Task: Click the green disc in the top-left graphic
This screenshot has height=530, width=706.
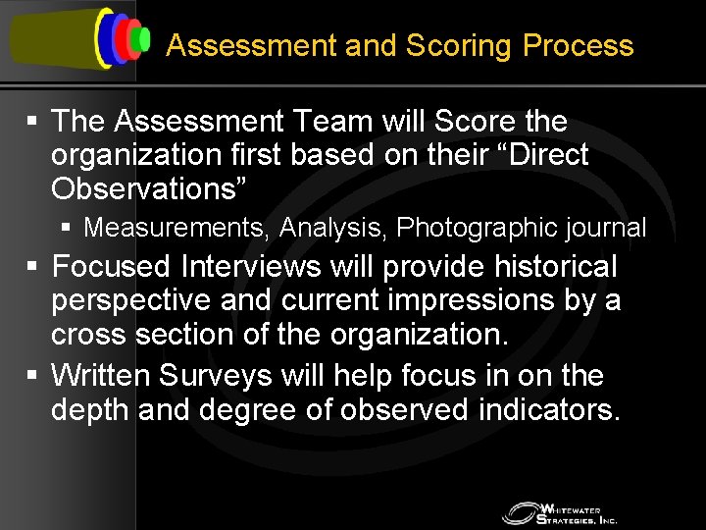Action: click(x=144, y=39)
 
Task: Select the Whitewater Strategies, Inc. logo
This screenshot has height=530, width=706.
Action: click(x=559, y=512)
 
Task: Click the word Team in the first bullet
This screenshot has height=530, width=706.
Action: click(x=321, y=122)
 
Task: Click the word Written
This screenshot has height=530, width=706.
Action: click(x=98, y=376)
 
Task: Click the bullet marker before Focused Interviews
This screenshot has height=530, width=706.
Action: click(x=32, y=267)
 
